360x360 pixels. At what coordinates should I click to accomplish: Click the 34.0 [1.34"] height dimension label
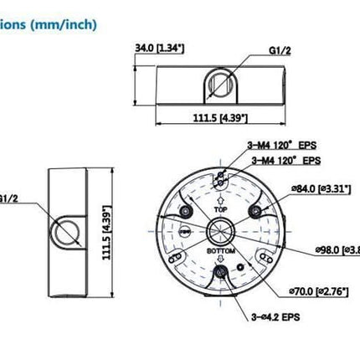(x=162, y=48)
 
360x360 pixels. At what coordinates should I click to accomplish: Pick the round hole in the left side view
(x=64, y=229)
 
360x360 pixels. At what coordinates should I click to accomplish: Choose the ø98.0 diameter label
(x=335, y=249)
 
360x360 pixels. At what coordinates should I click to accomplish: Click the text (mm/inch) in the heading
(x=67, y=24)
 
